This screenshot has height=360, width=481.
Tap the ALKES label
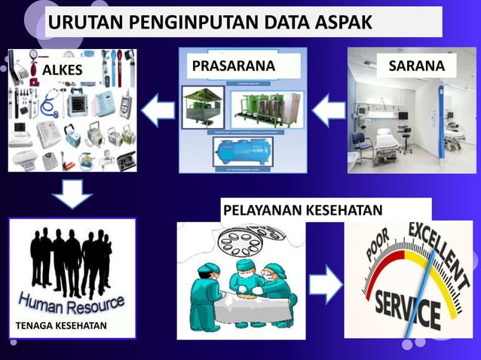click(61, 70)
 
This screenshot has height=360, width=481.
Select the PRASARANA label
click(233, 66)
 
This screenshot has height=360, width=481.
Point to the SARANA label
click(416, 66)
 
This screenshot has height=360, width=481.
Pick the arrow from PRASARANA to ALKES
click(158, 111)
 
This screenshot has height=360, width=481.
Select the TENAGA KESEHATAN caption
click(60, 325)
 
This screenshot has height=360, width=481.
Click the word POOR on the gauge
click(381, 252)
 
